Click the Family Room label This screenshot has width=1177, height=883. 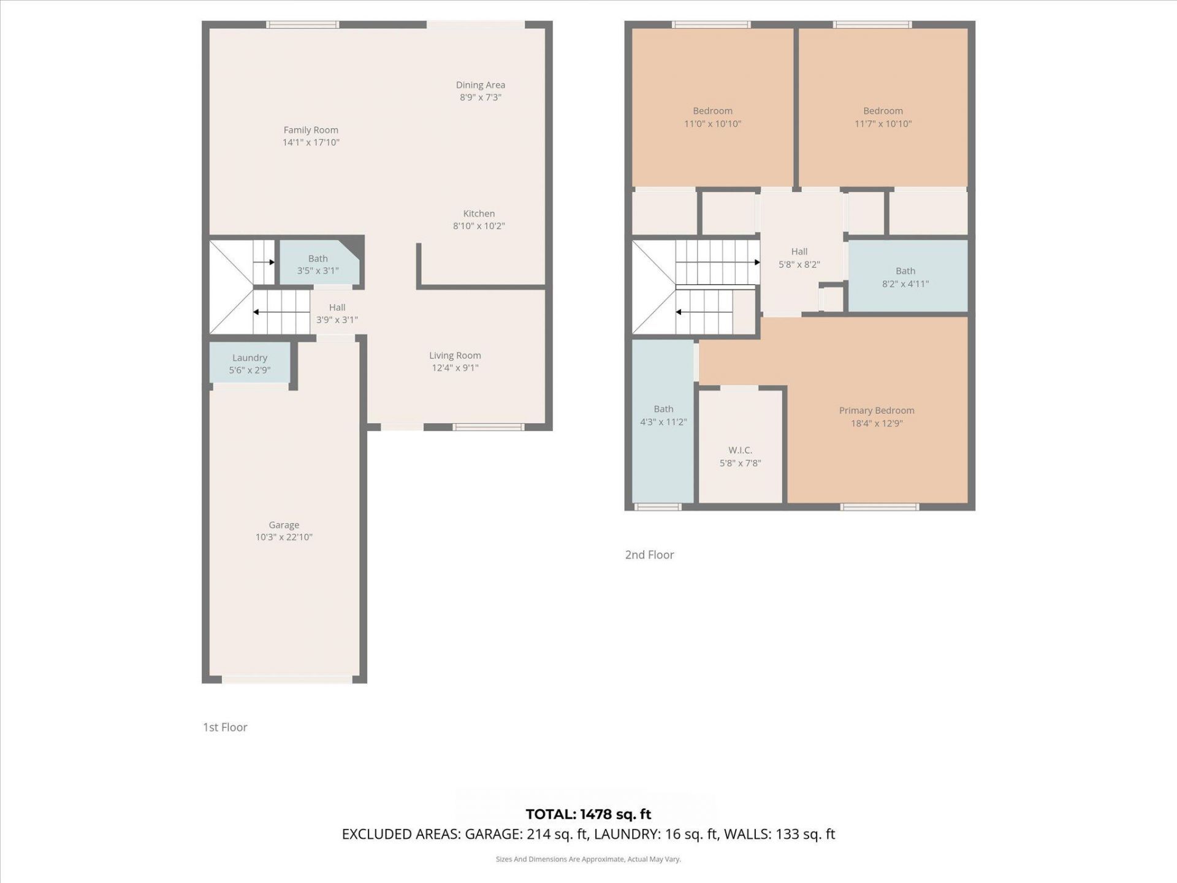(x=311, y=130)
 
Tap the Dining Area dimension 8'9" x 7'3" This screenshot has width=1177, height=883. (x=481, y=97)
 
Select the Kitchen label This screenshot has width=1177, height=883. (x=479, y=213)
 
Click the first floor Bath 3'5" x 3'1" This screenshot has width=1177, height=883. (x=318, y=265)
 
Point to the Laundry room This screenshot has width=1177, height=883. (x=249, y=364)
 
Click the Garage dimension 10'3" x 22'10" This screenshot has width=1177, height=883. (x=284, y=537)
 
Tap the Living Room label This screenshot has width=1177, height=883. (x=455, y=356)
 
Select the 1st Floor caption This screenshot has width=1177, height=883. (x=225, y=727)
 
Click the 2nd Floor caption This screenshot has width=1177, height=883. (x=649, y=555)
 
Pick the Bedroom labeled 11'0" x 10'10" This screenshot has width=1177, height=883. (x=712, y=117)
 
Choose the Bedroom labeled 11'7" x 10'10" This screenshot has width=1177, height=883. (x=883, y=117)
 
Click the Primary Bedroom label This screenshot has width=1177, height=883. (x=877, y=411)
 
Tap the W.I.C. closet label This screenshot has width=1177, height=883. (x=740, y=450)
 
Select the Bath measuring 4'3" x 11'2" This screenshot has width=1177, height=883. (x=663, y=415)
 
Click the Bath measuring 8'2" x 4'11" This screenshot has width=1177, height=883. (x=905, y=277)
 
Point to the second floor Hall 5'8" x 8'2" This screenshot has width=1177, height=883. (x=799, y=258)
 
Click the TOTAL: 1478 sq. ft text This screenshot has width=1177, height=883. (x=588, y=814)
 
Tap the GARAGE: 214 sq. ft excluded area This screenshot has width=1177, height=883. (x=527, y=835)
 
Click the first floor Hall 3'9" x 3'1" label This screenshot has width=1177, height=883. (x=337, y=313)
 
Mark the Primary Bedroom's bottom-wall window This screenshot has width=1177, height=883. (x=879, y=506)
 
